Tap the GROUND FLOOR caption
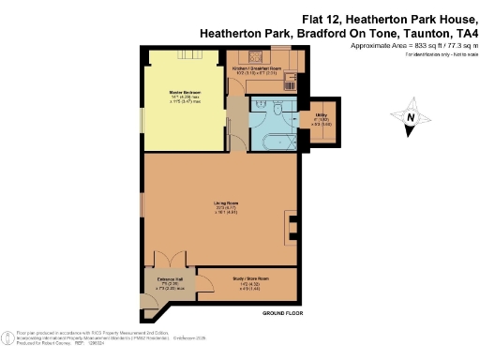coord(281,311)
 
